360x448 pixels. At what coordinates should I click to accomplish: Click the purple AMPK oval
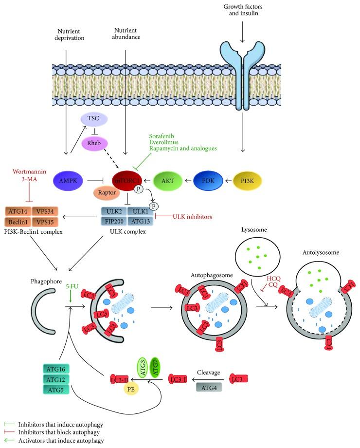67,180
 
